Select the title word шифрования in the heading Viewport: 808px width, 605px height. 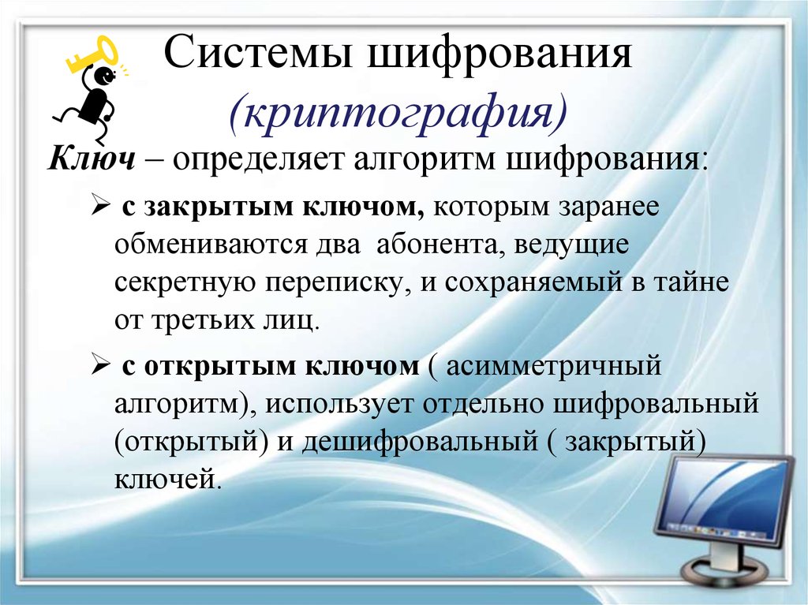point(499,54)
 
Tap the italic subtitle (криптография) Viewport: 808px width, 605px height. point(398,114)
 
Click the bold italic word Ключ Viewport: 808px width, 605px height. point(92,159)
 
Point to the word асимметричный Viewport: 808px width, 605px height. point(553,367)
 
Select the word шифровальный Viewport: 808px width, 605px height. point(656,403)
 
